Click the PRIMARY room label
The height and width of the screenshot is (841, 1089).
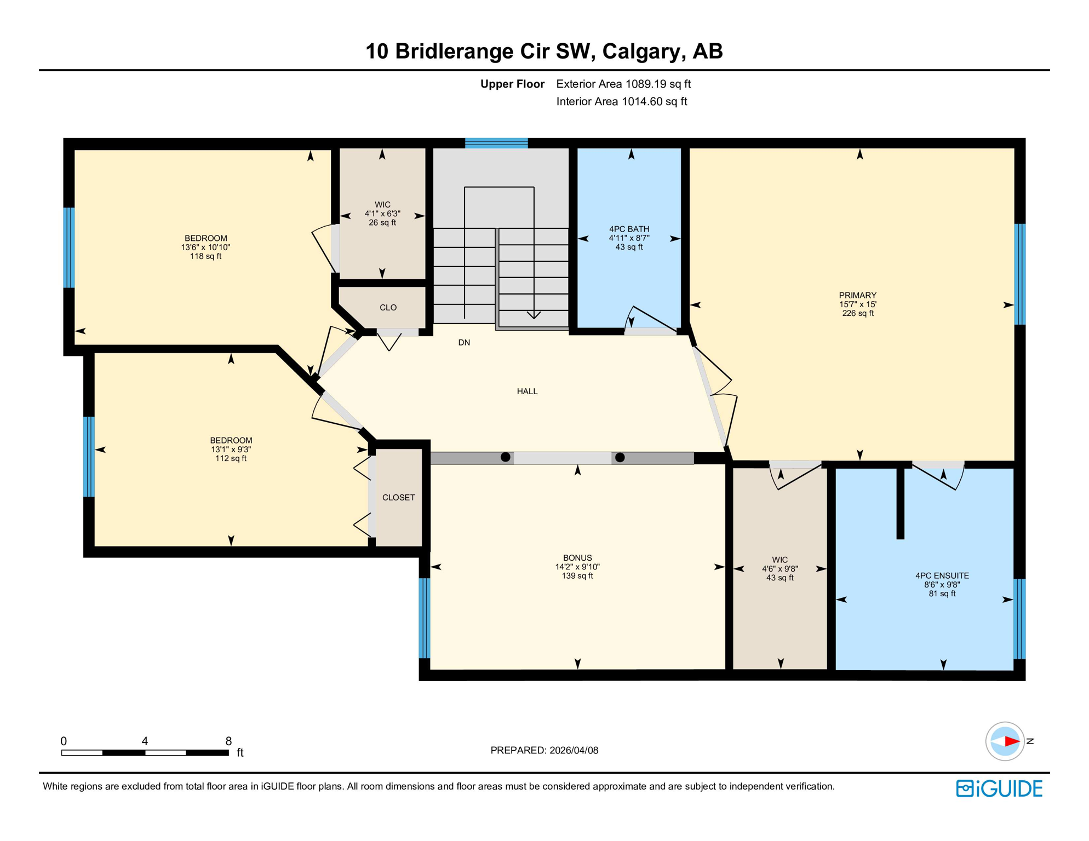(x=857, y=295)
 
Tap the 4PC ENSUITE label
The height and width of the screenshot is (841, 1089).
(x=942, y=575)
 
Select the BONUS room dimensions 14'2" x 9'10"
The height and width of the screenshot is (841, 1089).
(x=577, y=567)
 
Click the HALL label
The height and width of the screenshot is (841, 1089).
(x=527, y=391)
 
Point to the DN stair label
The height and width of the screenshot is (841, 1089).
(x=464, y=343)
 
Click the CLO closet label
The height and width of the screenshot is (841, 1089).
(x=388, y=308)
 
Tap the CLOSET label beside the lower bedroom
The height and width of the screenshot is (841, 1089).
(x=398, y=497)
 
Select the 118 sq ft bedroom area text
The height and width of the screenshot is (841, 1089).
(x=205, y=256)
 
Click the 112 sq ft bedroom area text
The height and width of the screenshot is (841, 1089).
(x=231, y=458)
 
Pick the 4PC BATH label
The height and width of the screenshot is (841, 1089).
(x=629, y=229)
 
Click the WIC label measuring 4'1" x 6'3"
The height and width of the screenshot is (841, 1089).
(x=382, y=205)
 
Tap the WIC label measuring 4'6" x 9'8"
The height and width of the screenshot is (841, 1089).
(x=780, y=560)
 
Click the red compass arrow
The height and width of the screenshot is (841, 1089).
(x=1011, y=741)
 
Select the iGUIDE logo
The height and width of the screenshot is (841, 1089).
(x=999, y=788)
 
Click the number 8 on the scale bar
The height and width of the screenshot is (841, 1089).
(x=228, y=741)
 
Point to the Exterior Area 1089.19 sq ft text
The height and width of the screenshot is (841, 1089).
(x=623, y=84)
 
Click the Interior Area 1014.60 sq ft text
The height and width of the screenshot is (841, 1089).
(x=621, y=101)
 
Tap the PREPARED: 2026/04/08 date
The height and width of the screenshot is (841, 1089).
(x=544, y=750)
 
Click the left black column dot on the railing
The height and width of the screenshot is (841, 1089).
(x=506, y=457)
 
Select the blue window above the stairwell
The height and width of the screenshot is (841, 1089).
(x=496, y=143)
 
